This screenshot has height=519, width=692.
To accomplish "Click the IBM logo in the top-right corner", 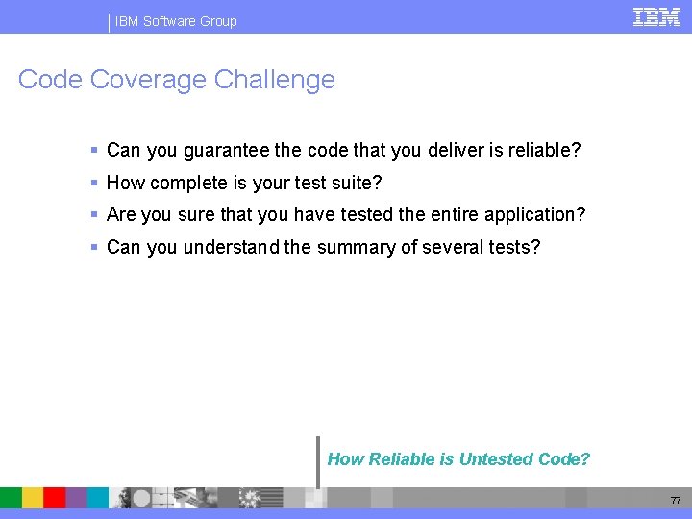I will [x=657, y=16].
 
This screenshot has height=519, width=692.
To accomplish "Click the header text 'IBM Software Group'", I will [x=176, y=21].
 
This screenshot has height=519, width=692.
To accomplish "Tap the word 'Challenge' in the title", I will [x=275, y=79].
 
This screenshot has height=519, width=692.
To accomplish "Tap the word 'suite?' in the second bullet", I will [x=356, y=183].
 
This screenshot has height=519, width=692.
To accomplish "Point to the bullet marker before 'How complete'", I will [x=94, y=183].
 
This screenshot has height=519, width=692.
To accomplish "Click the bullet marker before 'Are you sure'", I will [x=94, y=214].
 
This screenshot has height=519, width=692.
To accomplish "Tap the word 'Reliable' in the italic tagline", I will [x=403, y=459].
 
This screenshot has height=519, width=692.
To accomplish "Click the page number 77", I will [x=676, y=501].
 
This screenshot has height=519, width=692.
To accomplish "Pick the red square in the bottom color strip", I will [x=55, y=498].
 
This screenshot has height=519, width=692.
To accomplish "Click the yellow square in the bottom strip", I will [x=33, y=498].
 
